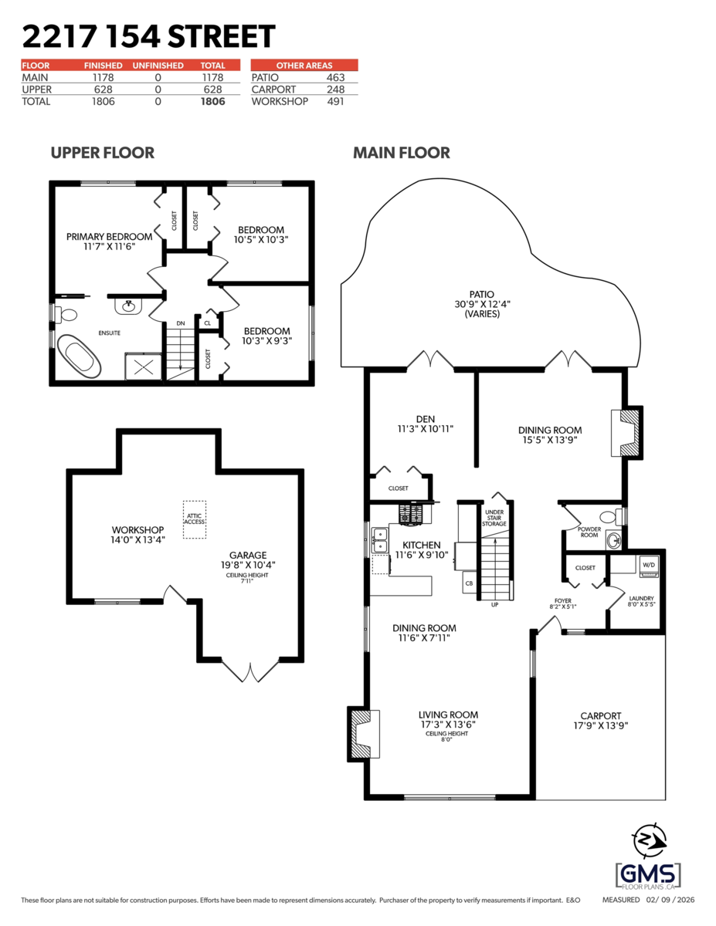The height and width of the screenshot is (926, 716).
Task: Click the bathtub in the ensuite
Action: tap(80, 358)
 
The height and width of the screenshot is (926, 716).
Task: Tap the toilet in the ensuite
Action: tap(66, 315)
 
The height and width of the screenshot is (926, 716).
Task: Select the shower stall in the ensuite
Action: tap(144, 367)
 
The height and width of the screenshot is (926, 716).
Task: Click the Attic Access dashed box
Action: tap(194, 519)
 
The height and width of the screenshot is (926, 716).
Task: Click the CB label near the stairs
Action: tap(469, 584)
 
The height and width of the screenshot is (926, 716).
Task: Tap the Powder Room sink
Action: tap(614, 539)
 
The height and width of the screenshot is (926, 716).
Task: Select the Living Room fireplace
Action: tap(362, 733)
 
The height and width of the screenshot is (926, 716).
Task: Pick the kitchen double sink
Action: tap(379, 539)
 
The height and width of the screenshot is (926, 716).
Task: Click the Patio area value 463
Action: tap(335, 77)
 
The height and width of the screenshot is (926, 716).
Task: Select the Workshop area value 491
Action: tap(335, 101)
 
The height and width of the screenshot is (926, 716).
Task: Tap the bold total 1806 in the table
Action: tap(212, 101)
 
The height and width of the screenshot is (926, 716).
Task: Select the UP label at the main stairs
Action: tap(494, 604)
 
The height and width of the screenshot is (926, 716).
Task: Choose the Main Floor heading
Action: tap(401, 153)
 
